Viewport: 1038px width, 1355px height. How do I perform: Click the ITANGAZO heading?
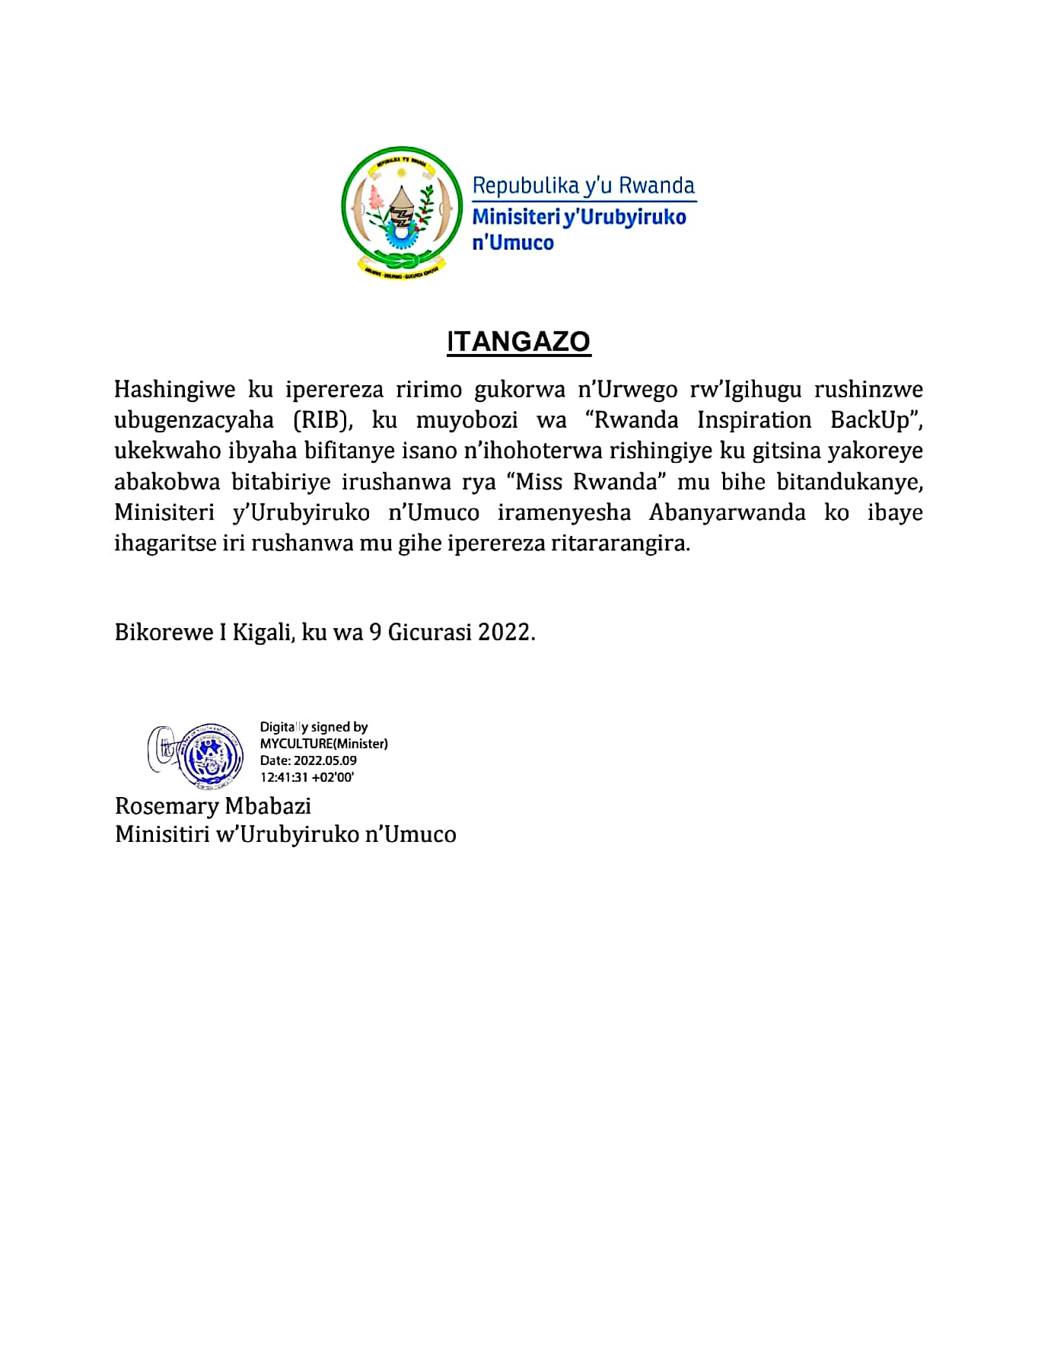click(x=518, y=342)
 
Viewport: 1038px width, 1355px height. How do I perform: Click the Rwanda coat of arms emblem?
click(x=402, y=211)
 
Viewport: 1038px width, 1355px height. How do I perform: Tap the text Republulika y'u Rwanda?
click(x=583, y=186)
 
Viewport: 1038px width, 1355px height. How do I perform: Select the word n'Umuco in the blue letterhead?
click(x=513, y=243)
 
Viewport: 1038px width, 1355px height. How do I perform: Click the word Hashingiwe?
click(x=174, y=390)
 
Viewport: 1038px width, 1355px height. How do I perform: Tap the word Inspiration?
click(x=754, y=420)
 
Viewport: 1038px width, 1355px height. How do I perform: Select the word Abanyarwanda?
click(x=727, y=512)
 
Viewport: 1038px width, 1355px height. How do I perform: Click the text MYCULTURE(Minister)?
click(x=323, y=744)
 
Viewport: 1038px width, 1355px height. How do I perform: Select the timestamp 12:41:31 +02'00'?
click(x=307, y=777)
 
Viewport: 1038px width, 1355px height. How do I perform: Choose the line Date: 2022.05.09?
click(x=308, y=760)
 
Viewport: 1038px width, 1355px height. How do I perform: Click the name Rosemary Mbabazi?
click(x=212, y=806)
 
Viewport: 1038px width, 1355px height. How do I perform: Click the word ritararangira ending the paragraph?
click(x=619, y=544)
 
